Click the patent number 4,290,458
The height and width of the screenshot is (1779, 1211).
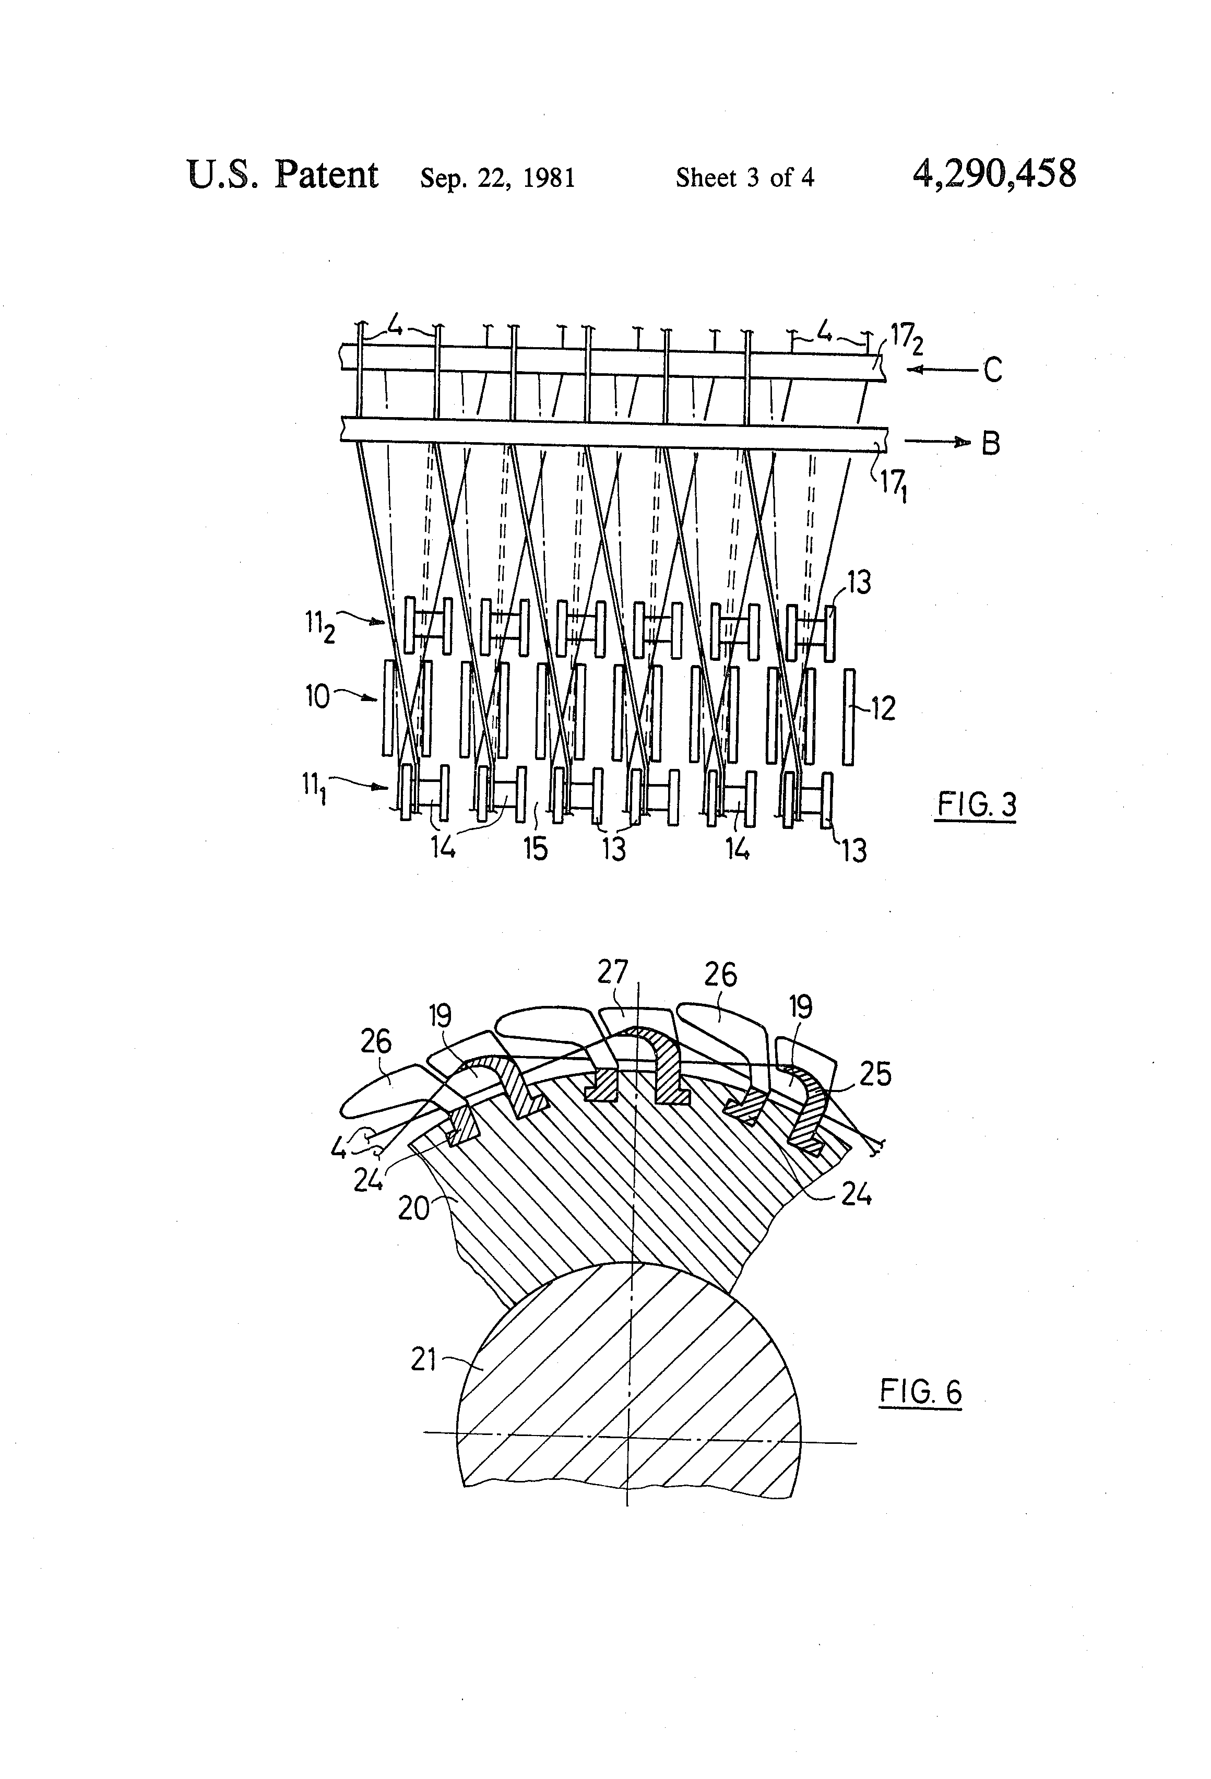(994, 174)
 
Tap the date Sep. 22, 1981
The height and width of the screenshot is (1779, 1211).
(497, 177)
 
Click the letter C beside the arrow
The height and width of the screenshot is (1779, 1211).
(993, 371)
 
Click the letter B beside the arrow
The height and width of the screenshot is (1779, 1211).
(991, 443)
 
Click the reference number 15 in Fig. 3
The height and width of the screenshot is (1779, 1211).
(535, 848)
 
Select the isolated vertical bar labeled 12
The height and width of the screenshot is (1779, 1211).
(848, 717)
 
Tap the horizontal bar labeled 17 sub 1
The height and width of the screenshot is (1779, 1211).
(612, 431)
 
